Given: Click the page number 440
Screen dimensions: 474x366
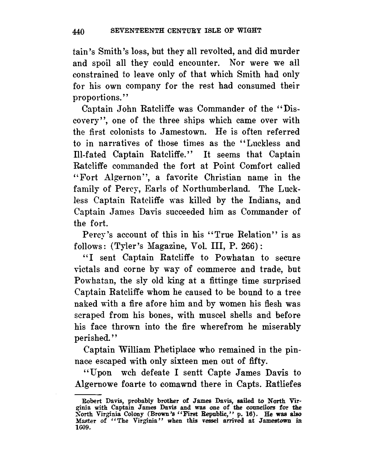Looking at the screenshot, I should (x=79, y=31).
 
